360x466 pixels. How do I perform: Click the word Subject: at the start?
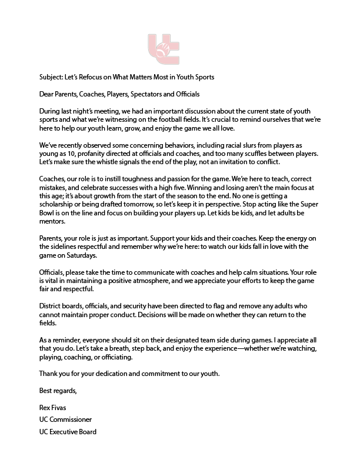51,78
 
